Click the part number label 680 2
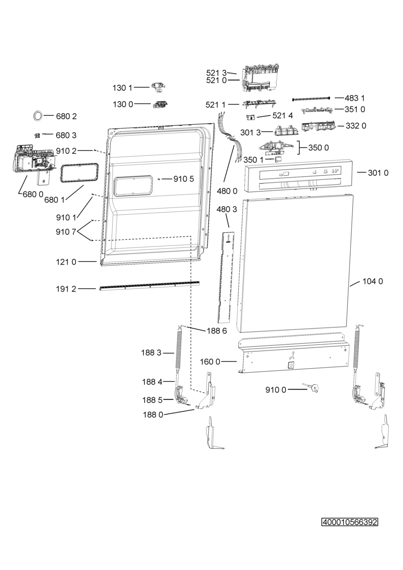(x=67, y=116)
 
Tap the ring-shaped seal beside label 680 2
(x=37, y=115)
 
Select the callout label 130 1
(x=122, y=87)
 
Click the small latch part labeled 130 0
(x=159, y=104)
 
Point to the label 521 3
(x=216, y=73)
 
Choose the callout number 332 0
(x=356, y=126)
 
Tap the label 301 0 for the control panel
(x=378, y=173)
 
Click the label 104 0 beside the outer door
(x=373, y=281)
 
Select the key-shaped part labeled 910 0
(x=312, y=388)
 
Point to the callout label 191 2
(x=66, y=288)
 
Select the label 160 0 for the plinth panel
(x=210, y=362)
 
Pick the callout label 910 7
(x=66, y=232)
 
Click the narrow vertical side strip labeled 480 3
(x=228, y=275)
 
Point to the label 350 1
(x=253, y=160)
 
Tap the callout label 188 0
(x=153, y=415)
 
